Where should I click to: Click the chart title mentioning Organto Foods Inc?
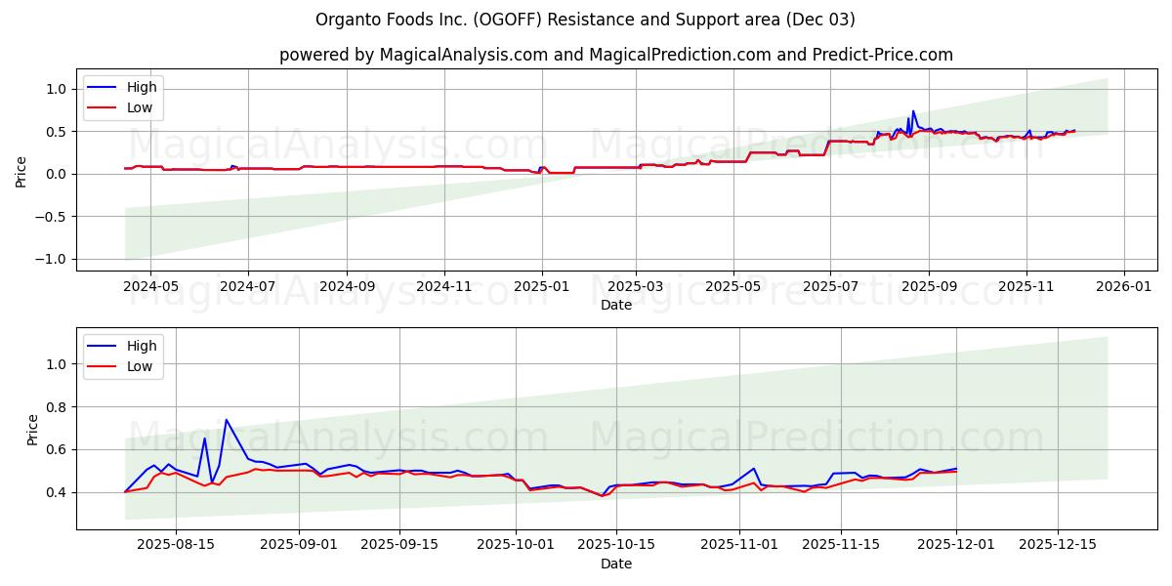click(x=585, y=20)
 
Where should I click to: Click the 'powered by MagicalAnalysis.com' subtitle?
click(x=615, y=55)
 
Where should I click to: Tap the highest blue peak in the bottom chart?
click(x=227, y=420)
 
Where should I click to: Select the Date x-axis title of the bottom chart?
click(x=615, y=565)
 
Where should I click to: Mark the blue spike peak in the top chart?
click(x=913, y=111)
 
